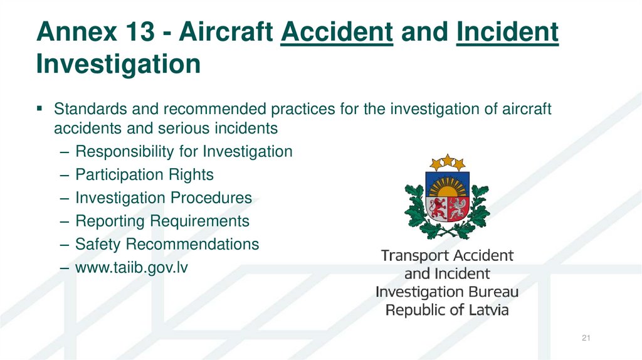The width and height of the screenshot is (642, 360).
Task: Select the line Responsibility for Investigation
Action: click(183, 151)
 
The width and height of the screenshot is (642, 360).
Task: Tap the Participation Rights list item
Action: click(144, 174)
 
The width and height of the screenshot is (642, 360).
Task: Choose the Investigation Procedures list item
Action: click(163, 198)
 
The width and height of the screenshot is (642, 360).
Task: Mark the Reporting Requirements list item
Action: click(162, 221)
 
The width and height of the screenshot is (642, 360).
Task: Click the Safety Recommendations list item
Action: click(167, 244)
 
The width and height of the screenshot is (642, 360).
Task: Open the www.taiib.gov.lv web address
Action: click(132, 267)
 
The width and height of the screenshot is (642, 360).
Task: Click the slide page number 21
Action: click(587, 339)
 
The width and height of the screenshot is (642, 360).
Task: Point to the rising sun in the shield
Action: click(446, 188)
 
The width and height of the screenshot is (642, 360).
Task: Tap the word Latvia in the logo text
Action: click(484, 310)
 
